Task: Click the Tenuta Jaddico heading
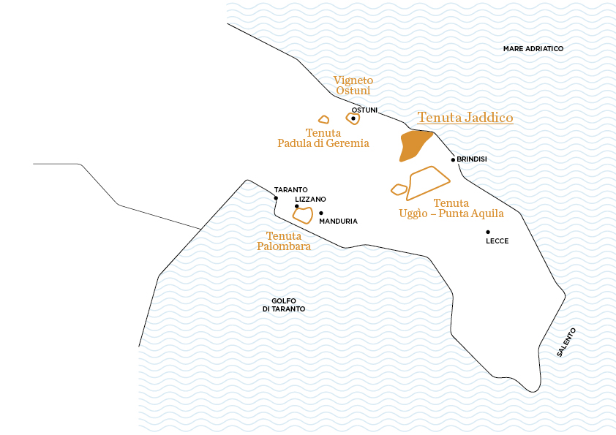point(465,118)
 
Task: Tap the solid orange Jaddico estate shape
point(413,144)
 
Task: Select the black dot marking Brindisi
point(454,159)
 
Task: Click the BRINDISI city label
point(472,159)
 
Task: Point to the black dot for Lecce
point(488,232)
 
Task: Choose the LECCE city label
point(497,241)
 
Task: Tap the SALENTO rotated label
point(566,342)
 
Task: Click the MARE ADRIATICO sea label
point(533,49)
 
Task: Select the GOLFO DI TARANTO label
point(283,305)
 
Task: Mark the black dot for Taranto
point(276,198)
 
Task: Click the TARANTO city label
point(290,189)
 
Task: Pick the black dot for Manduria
point(321,213)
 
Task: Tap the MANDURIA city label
point(338,221)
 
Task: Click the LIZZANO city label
point(310,199)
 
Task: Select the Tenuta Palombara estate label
point(284,241)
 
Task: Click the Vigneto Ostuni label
point(353,85)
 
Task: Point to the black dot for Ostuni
point(353,118)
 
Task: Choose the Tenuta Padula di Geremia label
point(323,138)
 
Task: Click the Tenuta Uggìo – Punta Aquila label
point(451,208)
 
